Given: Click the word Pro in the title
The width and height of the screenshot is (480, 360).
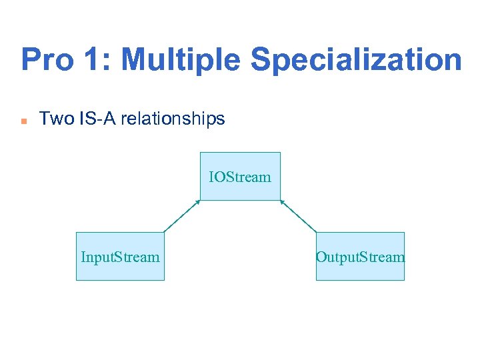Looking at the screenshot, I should point(47,60).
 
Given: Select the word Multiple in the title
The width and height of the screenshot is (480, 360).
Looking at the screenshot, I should point(182,60).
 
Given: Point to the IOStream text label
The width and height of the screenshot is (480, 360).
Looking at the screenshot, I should point(240,177).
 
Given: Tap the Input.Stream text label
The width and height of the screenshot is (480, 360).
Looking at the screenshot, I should point(120,257).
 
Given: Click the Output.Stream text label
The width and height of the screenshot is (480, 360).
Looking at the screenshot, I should point(360,257).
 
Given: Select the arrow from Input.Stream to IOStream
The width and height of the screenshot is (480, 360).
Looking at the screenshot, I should point(182,216).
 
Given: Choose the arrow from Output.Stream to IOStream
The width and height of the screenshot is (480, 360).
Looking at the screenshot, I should point(298,216).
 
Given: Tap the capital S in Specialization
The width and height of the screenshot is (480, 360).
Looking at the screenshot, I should point(261,60).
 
